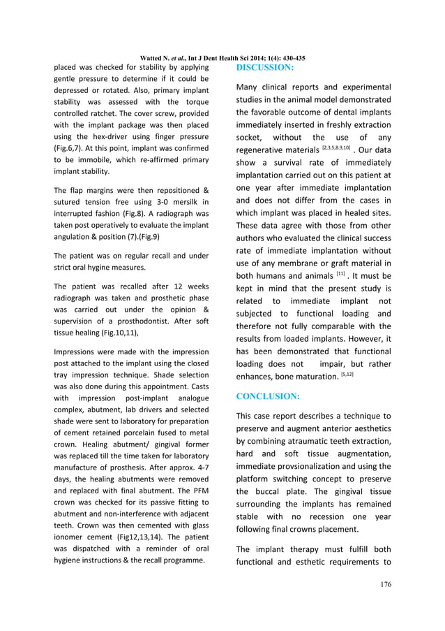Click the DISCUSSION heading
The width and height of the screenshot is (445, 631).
(x=265, y=68)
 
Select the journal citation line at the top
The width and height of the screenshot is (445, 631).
(x=222, y=58)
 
